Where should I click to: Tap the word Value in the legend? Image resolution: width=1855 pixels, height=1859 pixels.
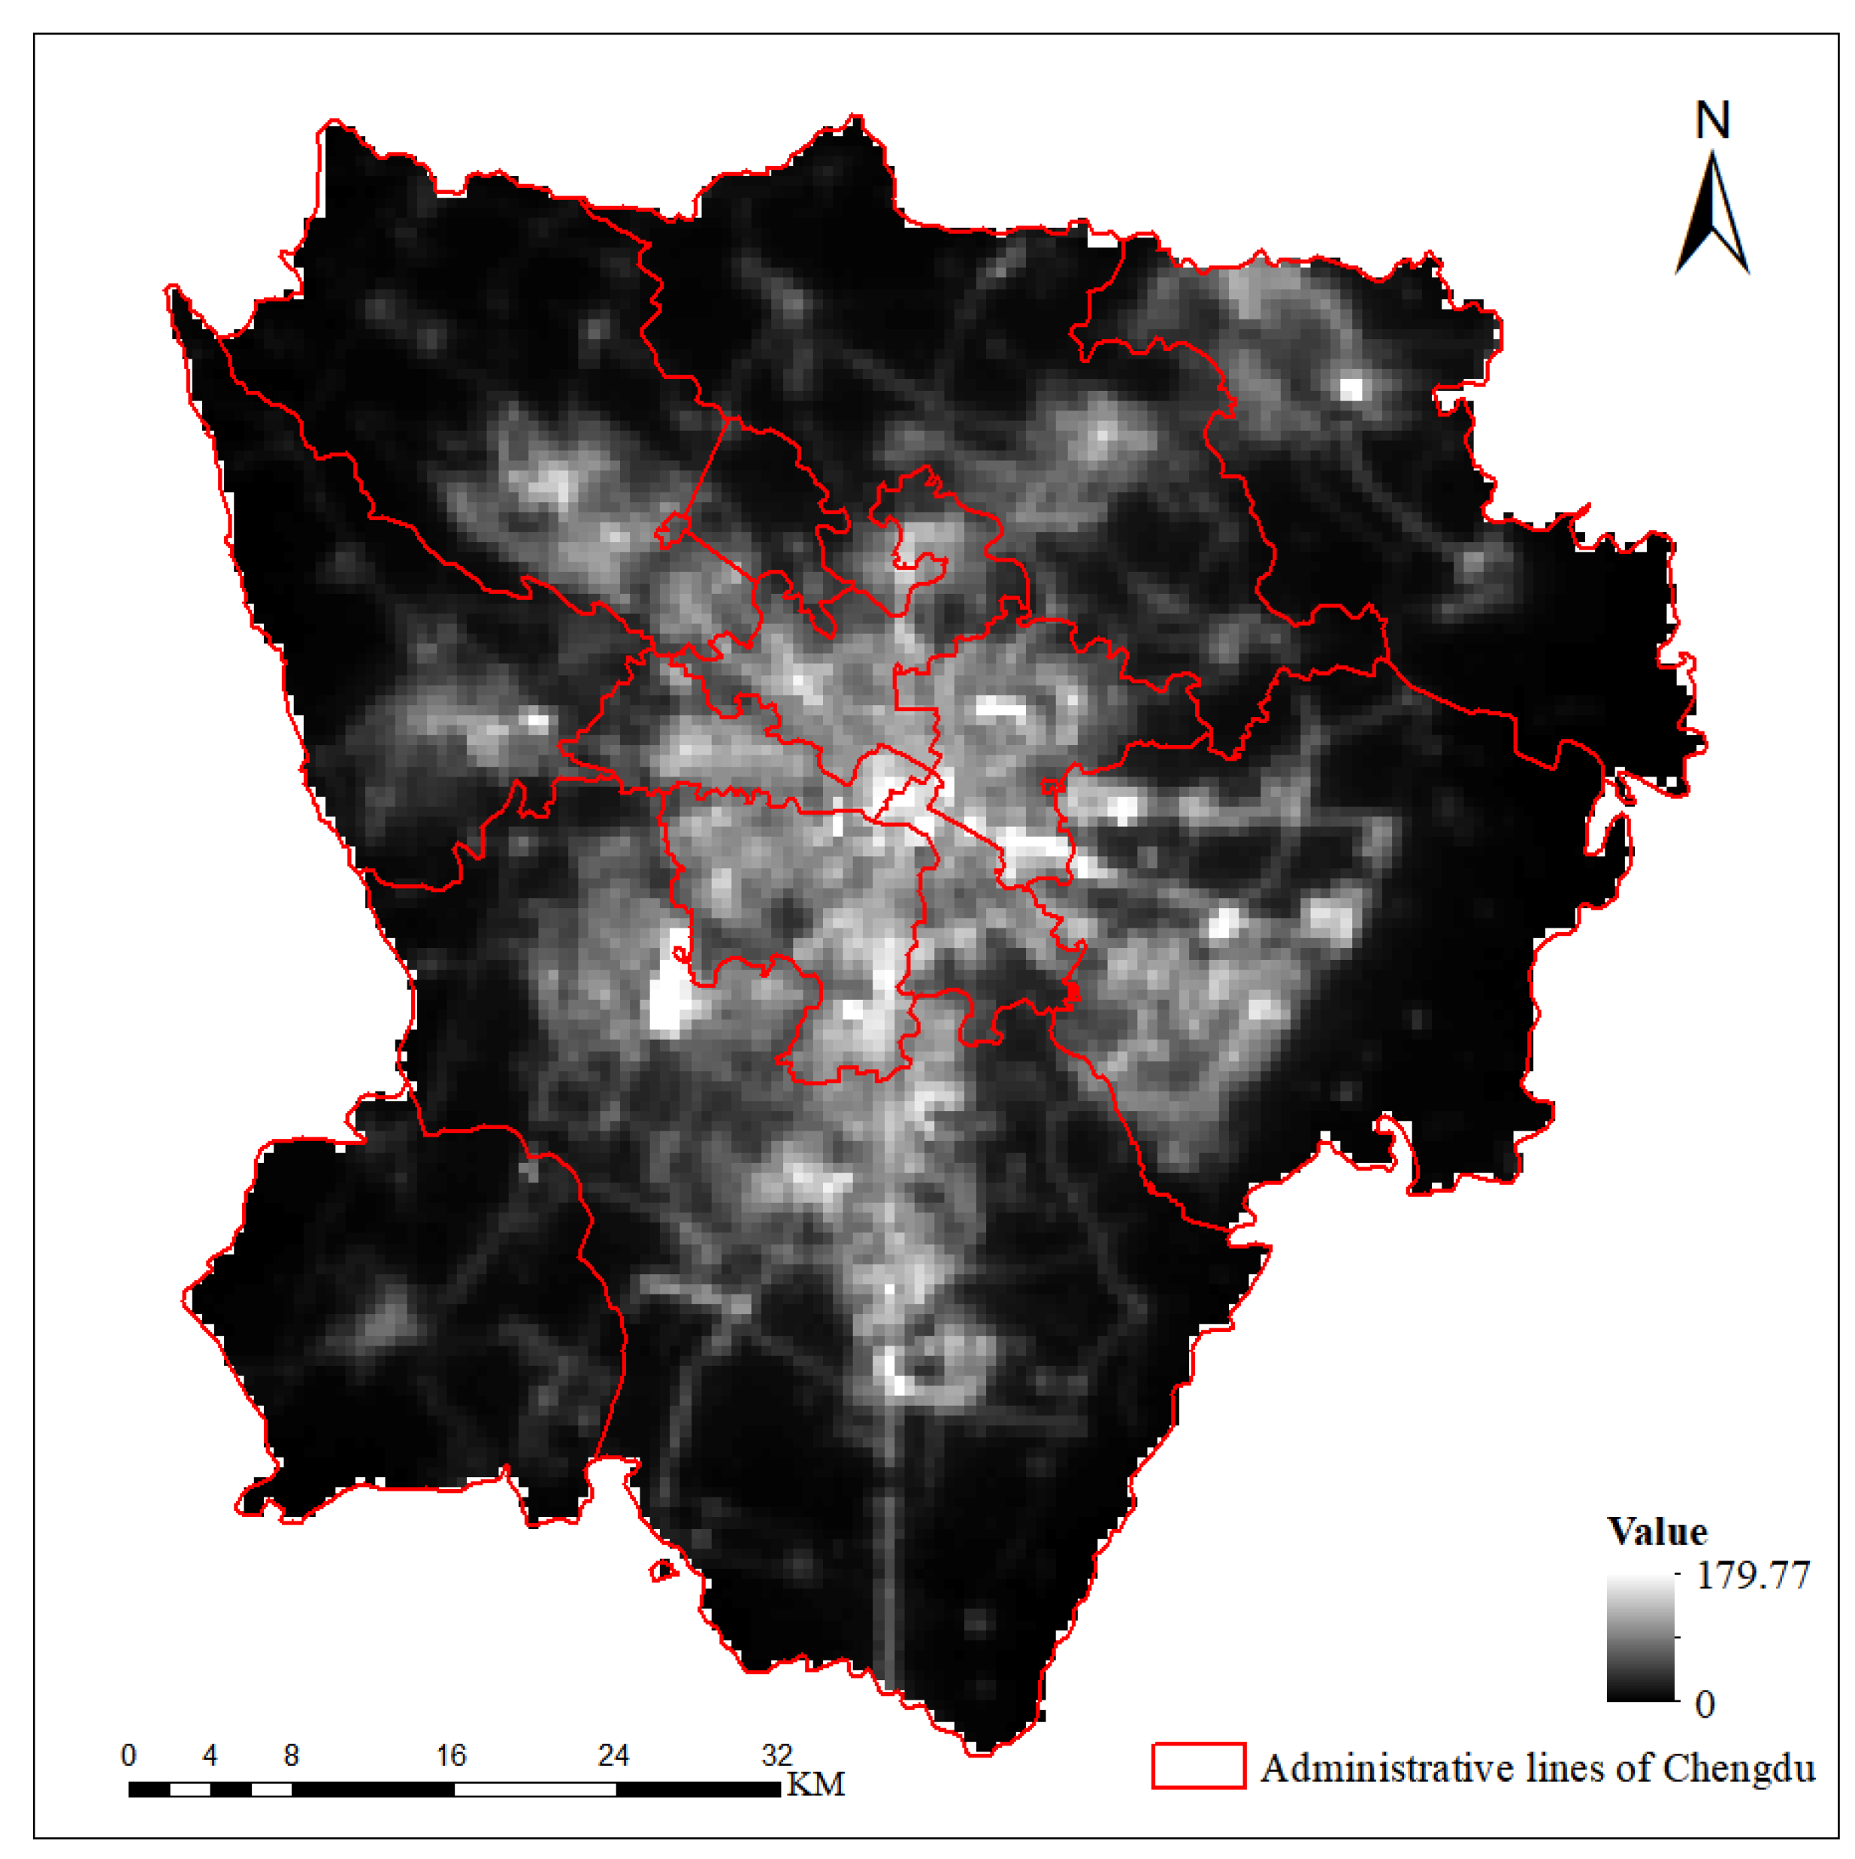(x=1657, y=1531)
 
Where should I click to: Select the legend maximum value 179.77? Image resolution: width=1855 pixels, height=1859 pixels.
(x=1752, y=1575)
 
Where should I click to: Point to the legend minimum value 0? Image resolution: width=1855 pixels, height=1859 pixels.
(x=1705, y=1704)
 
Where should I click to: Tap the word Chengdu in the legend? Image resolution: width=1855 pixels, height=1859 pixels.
(x=1738, y=1769)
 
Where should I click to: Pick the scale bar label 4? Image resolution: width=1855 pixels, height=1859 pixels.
(x=210, y=1755)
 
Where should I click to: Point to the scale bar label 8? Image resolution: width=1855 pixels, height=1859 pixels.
(x=292, y=1755)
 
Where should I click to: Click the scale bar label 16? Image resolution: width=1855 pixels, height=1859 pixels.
(x=451, y=1755)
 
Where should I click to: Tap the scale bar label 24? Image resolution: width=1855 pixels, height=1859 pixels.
(x=613, y=1755)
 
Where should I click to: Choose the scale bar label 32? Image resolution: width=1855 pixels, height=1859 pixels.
(x=776, y=1755)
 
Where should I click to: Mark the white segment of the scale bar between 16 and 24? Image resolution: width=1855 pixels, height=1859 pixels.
(x=535, y=1789)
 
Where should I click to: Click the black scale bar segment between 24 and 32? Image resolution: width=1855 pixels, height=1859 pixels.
(x=698, y=1789)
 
